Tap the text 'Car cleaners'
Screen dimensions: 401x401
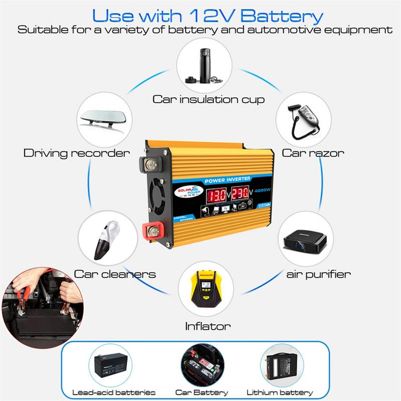(115, 274)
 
